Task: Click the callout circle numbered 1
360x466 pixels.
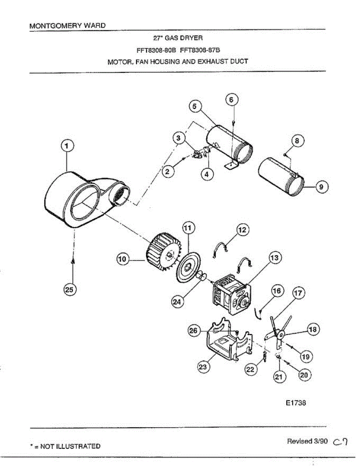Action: [x=67, y=146]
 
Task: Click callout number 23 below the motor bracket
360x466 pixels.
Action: [x=202, y=367]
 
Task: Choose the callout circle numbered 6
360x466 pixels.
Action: [x=231, y=100]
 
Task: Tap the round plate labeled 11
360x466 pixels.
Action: [x=188, y=268]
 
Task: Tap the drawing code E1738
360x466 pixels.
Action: [x=296, y=403]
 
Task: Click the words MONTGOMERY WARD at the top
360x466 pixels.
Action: [x=67, y=26]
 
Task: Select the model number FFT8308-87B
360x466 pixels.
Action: [x=201, y=49]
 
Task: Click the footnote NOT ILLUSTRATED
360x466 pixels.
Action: [x=70, y=446]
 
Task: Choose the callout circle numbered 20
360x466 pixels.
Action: [x=305, y=375]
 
